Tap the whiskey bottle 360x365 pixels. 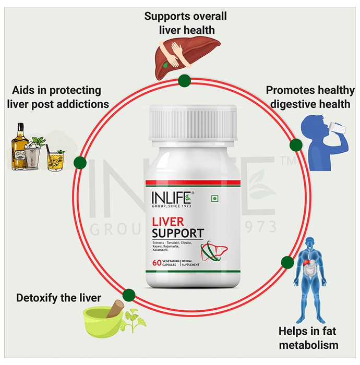pyautogui.click(x=19, y=146)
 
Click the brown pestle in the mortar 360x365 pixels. pyautogui.click(x=115, y=309)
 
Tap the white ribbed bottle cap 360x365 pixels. pyautogui.click(x=193, y=123)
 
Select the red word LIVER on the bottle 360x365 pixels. pyautogui.click(x=168, y=222)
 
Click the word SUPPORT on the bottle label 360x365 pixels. pyautogui.click(x=178, y=233)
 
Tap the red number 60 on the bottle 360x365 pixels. pyautogui.click(x=157, y=263)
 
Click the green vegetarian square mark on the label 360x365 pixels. pyautogui.click(x=215, y=199)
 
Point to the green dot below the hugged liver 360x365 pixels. pyautogui.click(x=184, y=81)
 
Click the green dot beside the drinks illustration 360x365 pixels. pyautogui.click(x=80, y=163)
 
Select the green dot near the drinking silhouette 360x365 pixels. pyautogui.click(x=296, y=145)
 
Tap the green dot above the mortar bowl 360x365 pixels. pyautogui.click(x=129, y=295)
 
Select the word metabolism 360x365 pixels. pyautogui.click(x=308, y=345)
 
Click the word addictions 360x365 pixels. pyautogui.click(x=83, y=104)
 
